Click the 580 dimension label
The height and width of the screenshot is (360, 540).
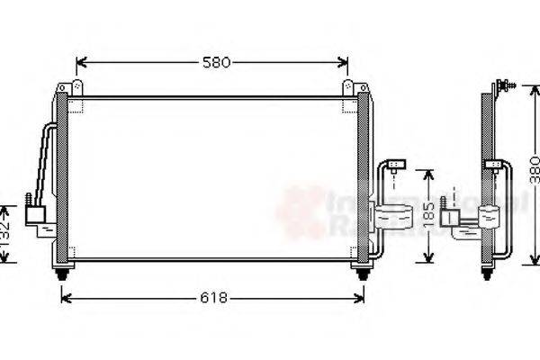pos(216,62)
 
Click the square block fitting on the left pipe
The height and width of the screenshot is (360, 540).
pos(36,215)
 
